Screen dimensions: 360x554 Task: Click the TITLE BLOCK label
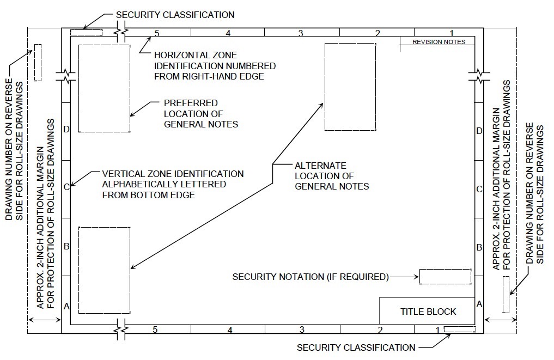pos(428,312)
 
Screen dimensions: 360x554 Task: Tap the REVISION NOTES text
pos(439,41)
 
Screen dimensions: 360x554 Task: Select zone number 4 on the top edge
pos(228,33)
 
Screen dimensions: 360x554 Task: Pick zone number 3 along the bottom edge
pos(301,330)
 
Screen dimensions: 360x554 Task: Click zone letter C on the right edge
pos(479,189)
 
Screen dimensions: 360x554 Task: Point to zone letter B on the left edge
pos(66,247)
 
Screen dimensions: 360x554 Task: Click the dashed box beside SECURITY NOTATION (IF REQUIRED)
pos(445,276)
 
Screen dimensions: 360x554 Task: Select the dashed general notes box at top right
pos(350,87)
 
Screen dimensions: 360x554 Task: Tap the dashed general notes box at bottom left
pos(104,270)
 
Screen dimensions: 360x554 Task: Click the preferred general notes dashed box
pos(104,88)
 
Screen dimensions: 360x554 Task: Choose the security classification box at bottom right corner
pos(460,329)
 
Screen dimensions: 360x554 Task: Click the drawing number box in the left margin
pos(38,63)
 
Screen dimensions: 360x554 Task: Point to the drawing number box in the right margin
pos(506,295)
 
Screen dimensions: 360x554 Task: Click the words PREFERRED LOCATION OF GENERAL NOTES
pos(201,113)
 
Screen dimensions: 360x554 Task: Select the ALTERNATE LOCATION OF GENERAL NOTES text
pos(332,176)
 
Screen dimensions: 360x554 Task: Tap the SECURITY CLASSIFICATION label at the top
pos(175,15)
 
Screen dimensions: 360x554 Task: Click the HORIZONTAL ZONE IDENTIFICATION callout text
pos(215,66)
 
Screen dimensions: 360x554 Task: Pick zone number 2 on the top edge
pos(377,33)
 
